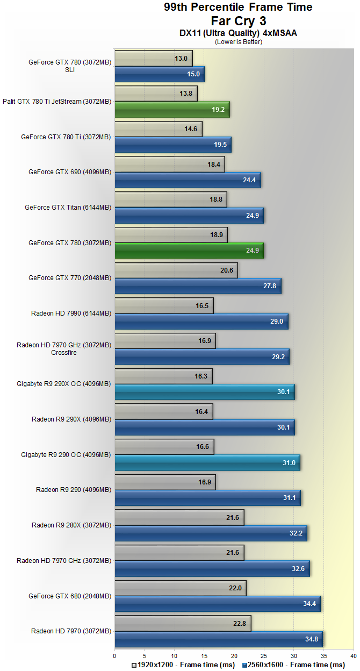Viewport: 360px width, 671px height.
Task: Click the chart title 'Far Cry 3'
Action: click(238, 20)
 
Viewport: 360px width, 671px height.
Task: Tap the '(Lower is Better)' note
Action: click(238, 41)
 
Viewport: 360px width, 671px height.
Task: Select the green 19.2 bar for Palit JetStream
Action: click(172, 109)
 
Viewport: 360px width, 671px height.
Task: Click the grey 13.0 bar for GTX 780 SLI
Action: click(153, 59)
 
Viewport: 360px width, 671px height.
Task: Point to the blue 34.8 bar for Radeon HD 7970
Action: click(218, 639)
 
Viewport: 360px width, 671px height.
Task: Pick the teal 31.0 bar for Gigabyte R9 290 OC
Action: click(207, 462)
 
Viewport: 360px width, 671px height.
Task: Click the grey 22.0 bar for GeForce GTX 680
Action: click(180, 588)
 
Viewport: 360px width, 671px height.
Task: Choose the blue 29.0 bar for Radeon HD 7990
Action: click(201, 321)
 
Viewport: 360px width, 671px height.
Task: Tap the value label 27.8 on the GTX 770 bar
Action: click(270, 286)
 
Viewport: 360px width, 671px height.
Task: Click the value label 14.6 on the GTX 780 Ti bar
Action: click(191, 129)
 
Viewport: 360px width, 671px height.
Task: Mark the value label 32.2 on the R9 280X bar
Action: click(296, 533)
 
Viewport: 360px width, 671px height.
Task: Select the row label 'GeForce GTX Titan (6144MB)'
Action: click(68, 208)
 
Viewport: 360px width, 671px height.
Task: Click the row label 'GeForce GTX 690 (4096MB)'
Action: click(70, 172)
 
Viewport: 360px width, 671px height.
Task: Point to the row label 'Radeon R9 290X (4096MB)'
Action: click(71, 419)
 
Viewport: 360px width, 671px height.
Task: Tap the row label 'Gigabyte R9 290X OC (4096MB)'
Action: click(64, 384)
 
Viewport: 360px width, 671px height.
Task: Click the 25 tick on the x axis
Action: click(264, 656)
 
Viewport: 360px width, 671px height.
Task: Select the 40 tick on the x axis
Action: click(353, 656)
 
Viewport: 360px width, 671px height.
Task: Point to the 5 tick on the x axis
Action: click(145, 656)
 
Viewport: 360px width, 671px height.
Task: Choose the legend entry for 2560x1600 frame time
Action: click(293, 665)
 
